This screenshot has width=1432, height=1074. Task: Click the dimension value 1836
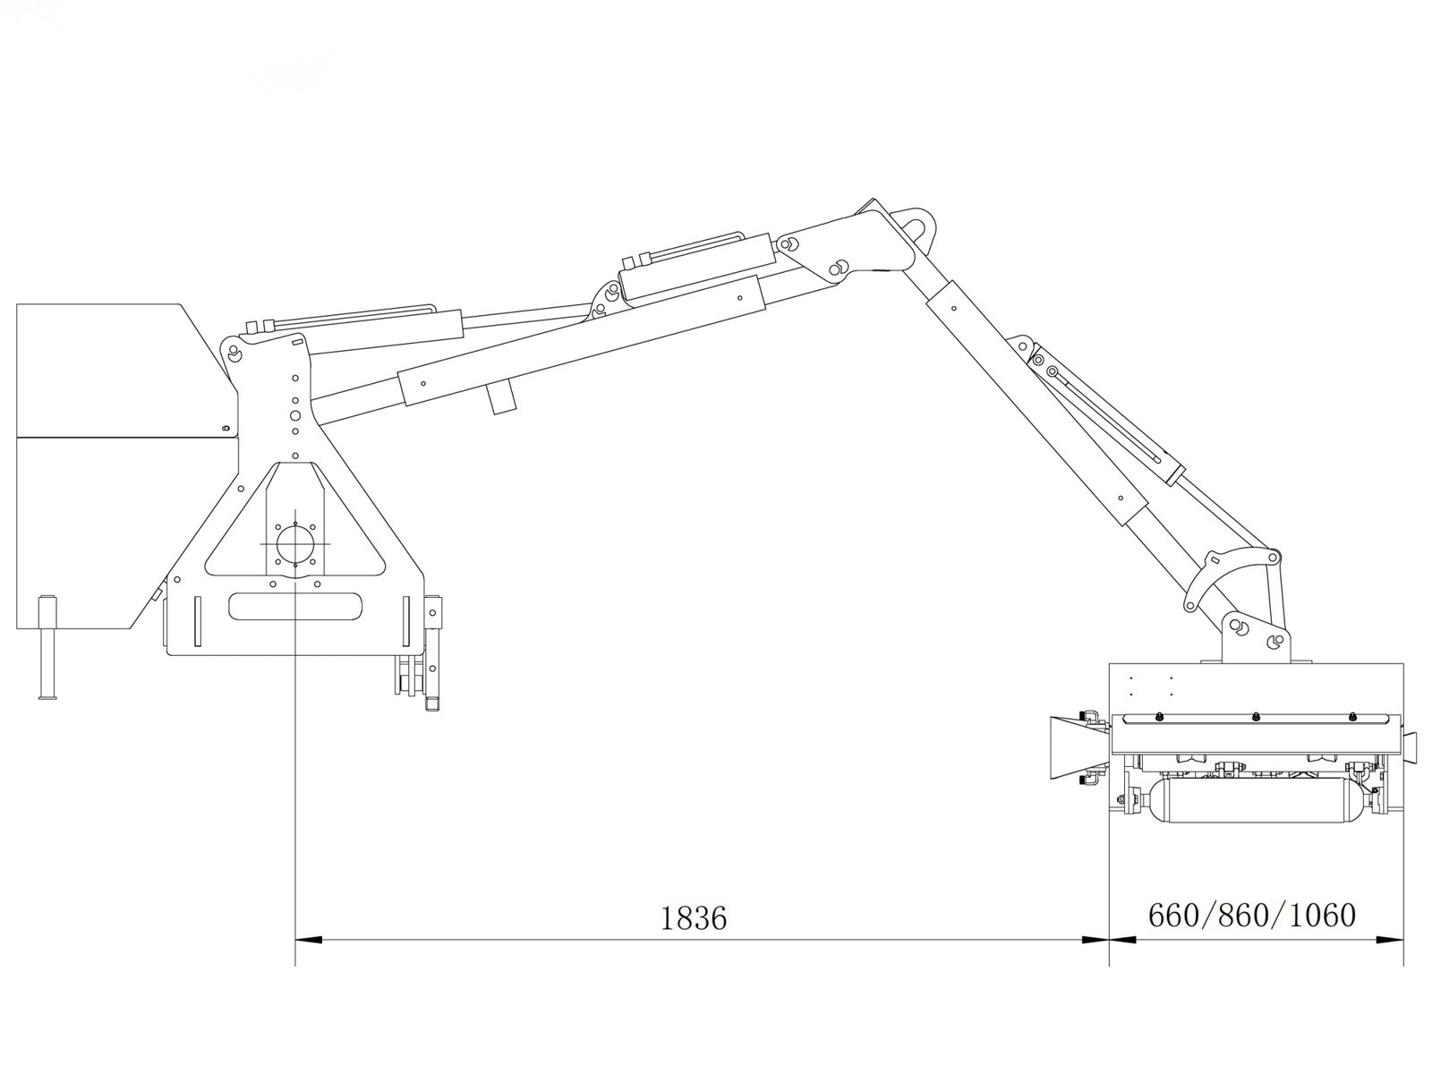point(693,918)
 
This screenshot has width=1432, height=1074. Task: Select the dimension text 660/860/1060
point(1252,916)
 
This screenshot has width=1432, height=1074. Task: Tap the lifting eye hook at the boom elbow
point(914,222)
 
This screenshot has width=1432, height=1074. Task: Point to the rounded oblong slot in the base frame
point(294,607)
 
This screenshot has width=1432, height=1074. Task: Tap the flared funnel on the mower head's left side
point(1075,748)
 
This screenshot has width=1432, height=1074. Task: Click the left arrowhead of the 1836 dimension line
point(309,940)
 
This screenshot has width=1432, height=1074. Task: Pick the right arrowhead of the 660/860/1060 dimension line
point(1390,940)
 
